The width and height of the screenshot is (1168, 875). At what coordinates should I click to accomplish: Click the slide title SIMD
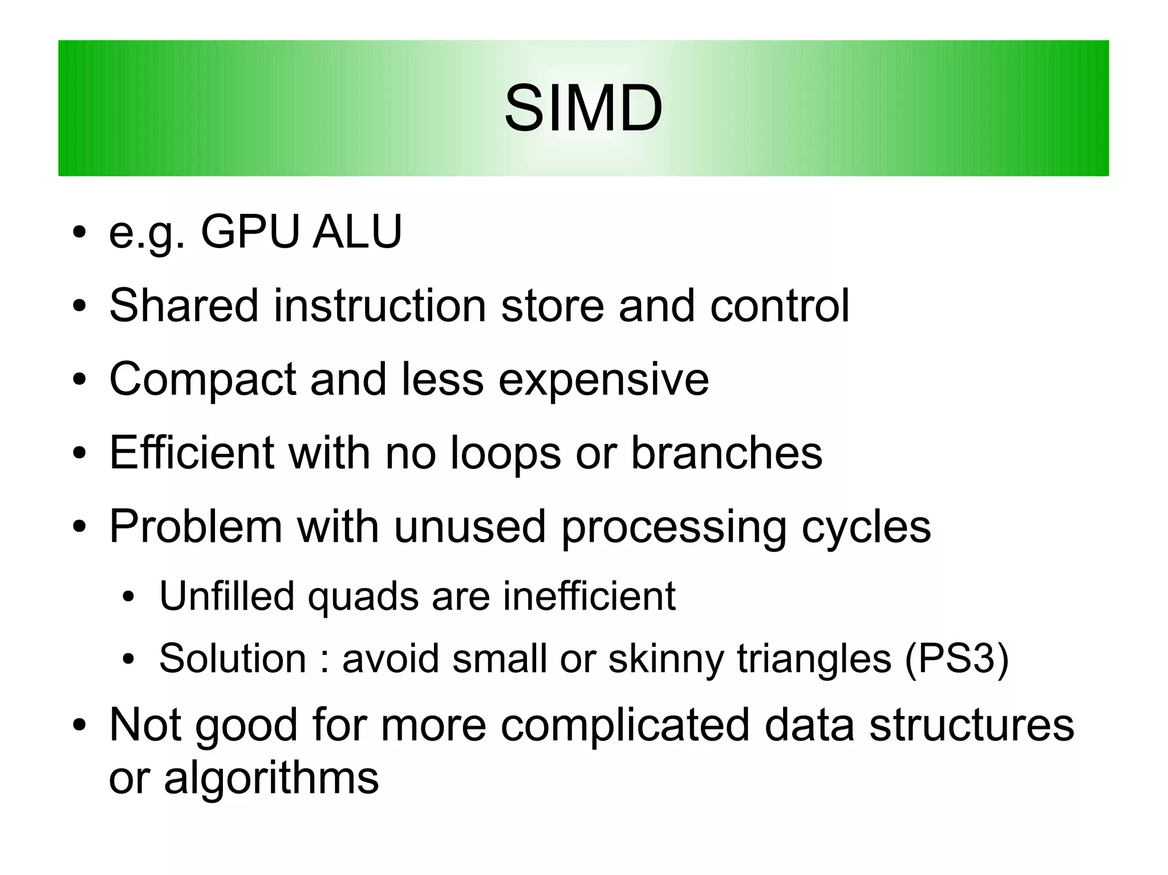(583, 108)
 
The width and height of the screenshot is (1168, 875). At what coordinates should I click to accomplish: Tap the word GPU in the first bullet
(250, 232)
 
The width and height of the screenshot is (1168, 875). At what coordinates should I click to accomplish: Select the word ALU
(357, 232)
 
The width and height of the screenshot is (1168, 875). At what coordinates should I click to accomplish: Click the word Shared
(184, 306)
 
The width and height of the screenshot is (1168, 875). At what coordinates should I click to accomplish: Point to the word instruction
(379, 306)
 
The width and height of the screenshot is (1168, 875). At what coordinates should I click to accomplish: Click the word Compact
(202, 380)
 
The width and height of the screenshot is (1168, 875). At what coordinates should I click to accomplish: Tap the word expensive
(603, 380)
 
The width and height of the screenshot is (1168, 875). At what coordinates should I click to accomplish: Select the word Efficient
(192, 453)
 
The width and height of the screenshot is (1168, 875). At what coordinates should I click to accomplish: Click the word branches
(727, 453)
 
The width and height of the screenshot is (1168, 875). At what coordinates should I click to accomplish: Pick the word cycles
(866, 527)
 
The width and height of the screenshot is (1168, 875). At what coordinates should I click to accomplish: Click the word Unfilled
(226, 596)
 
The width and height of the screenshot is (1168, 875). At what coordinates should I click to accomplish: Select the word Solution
(233, 658)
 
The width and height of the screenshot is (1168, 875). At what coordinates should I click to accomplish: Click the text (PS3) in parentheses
(956, 659)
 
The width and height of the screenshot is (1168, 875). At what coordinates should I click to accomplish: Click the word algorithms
(271, 778)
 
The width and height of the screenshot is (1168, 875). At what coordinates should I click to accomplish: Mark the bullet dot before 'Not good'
(79, 726)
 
